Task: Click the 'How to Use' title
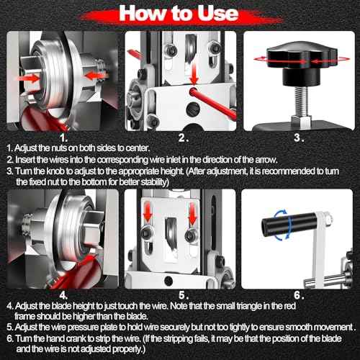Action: coord(179,13)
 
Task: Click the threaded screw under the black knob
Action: coord(302,101)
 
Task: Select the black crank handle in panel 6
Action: coord(289,225)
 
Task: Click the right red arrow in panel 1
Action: coord(94,76)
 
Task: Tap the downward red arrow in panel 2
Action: coord(194,73)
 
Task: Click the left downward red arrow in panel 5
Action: coord(148,212)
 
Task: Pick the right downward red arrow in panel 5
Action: coord(193,213)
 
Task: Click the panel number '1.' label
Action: coord(63,138)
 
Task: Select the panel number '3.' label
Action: coord(299,138)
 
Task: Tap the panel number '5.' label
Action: coord(184,295)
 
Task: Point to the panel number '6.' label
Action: coord(299,295)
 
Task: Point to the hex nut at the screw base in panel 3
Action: coord(302,121)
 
